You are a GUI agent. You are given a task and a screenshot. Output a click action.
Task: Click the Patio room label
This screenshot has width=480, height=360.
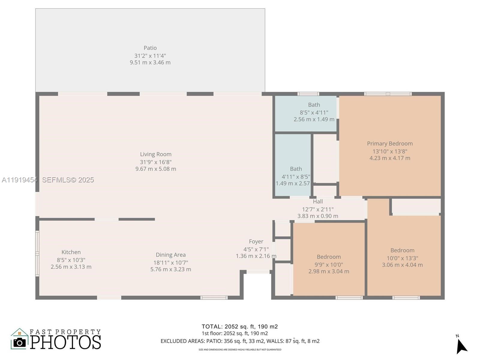click(150, 48)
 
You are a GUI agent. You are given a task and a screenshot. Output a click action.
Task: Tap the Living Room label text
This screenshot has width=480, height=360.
click(156, 154)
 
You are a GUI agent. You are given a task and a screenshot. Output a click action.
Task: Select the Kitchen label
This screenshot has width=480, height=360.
click(71, 252)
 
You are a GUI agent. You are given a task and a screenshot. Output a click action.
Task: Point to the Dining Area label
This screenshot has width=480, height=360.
click(171, 255)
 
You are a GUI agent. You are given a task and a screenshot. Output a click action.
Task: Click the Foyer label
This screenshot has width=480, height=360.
click(256, 241)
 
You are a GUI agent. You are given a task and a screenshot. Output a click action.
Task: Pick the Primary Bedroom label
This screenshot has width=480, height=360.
click(390, 144)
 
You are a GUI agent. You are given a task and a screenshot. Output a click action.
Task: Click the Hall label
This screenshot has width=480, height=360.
click(318, 201)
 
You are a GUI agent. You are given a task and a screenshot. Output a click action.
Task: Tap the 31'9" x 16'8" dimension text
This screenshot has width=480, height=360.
click(156, 162)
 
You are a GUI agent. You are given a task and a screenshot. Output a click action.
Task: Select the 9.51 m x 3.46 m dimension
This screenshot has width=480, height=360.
click(150, 62)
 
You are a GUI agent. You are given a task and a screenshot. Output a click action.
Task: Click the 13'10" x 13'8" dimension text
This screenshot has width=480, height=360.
click(390, 151)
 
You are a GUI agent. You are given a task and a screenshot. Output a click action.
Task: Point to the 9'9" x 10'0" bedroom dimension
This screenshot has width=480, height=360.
click(329, 265)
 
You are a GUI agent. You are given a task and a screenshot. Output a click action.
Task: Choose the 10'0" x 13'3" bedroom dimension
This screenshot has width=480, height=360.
click(402, 258)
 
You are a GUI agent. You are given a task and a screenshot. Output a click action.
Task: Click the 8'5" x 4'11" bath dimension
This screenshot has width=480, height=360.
click(314, 112)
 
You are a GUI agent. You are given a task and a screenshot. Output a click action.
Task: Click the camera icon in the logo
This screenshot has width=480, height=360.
click(19, 343)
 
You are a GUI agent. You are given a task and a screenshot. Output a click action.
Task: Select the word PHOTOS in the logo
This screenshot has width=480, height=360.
click(65, 342)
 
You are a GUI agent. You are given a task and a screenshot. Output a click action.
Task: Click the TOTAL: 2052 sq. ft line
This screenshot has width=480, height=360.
click(240, 327)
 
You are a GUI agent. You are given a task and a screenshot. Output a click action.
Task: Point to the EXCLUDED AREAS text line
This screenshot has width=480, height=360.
click(240, 341)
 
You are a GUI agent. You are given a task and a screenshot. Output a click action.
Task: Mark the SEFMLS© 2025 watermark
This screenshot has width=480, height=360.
click(68, 180)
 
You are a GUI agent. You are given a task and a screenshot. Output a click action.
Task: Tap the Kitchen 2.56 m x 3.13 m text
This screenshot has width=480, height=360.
click(71, 267)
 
